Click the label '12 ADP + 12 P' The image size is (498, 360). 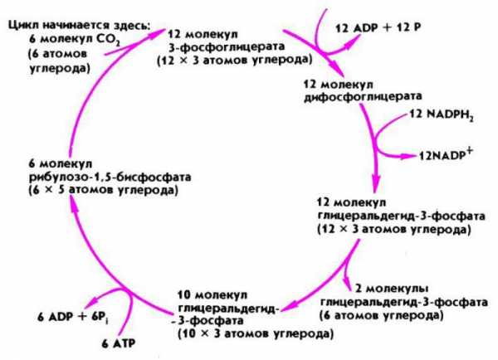(378, 28)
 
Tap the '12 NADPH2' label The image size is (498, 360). (442, 115)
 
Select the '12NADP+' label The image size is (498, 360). (446, 154)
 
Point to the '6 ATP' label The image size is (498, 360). (119, 343)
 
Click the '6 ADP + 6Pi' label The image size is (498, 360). (73, 317)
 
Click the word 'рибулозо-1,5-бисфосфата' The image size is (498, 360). (110, 177)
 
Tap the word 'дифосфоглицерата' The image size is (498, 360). (363, 96)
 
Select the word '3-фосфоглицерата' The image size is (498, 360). (226, 46)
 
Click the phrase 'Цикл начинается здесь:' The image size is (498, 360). (80, 25)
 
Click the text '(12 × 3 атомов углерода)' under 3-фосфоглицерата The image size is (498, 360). (235, 60)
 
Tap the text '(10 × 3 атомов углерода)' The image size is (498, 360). (256, 334)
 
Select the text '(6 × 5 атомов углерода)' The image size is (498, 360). (104, 190)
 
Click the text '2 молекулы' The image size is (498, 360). (392, 289)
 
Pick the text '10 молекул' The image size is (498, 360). (212, 295)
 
